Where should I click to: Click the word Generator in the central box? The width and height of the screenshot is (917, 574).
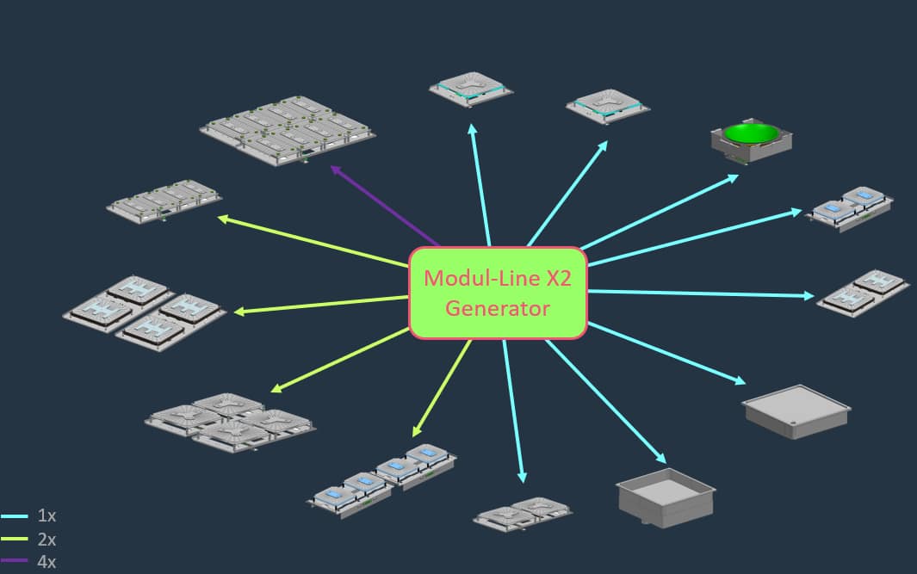coord(498,308)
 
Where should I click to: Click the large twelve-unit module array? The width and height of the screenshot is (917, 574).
coord(288,129)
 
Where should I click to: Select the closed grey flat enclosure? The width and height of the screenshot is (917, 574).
coord(796,410)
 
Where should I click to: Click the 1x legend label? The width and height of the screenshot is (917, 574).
coord(46,516)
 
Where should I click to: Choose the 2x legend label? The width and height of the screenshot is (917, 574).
coord(46,540)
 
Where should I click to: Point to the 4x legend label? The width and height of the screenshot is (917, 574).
coord(46,562)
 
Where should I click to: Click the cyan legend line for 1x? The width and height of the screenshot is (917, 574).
coord(15,516)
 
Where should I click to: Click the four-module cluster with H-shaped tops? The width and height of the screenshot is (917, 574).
coord(145,311)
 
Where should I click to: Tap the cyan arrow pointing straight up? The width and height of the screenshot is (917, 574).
coord(480,184)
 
